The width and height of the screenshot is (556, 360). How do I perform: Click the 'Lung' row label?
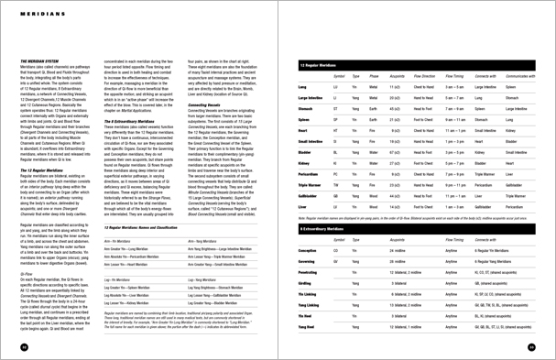tap(302, 87)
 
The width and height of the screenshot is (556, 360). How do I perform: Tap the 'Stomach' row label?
tap(306, 108)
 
